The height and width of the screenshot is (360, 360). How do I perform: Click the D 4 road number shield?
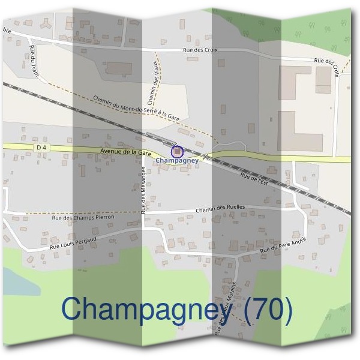click(41, 146)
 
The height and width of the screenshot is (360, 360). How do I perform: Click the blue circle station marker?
click(177, 152)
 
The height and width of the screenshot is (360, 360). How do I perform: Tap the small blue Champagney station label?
click(176, 161)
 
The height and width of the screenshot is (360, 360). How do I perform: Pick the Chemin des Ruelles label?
click(221, 207)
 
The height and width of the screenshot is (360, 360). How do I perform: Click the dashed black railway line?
click(90, 114)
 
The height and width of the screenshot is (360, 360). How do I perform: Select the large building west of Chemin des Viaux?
click(118, 68)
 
